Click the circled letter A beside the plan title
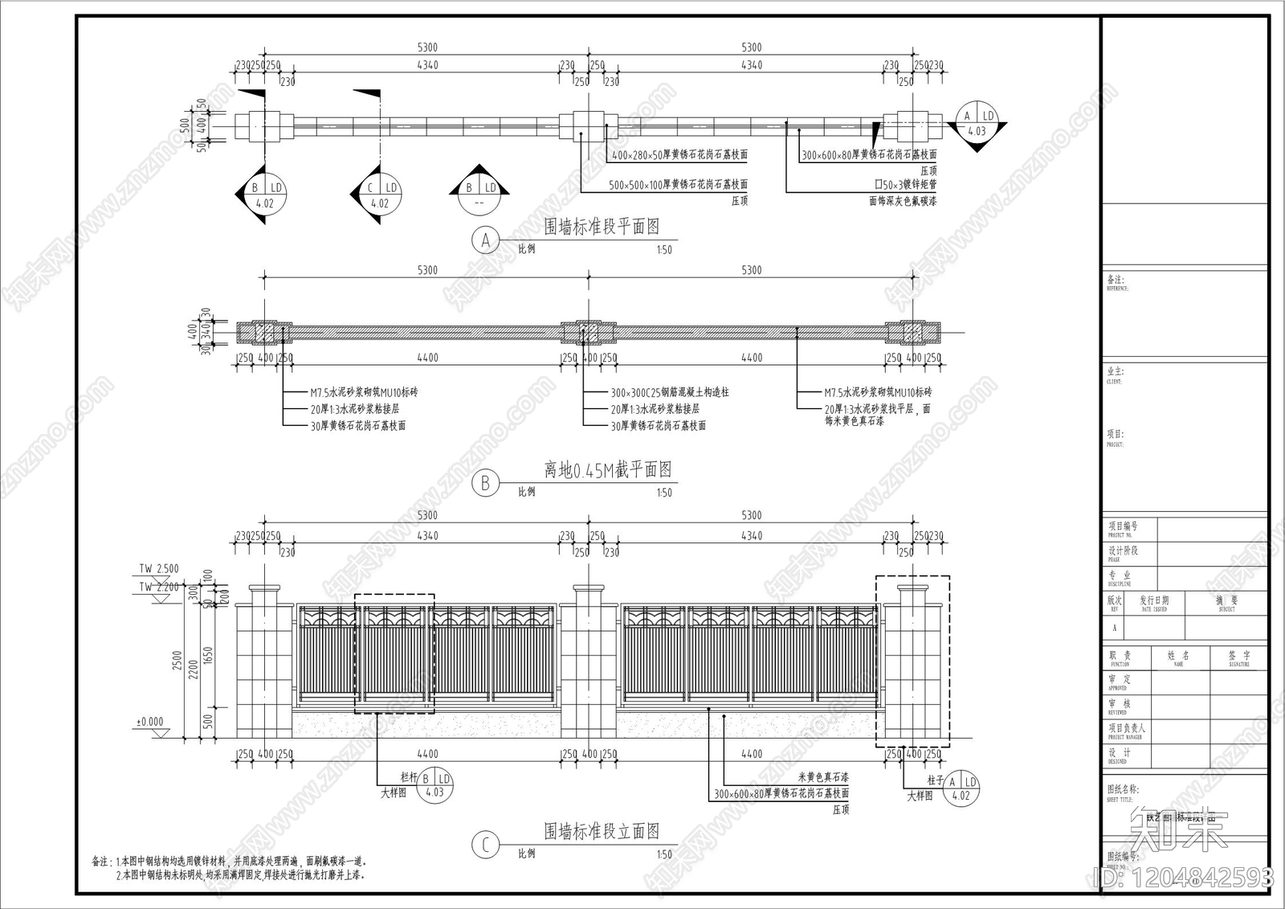485,240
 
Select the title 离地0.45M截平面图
607,470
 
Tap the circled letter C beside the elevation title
485,845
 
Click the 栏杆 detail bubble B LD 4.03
434,785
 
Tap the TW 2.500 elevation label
159,569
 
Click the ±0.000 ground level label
149,722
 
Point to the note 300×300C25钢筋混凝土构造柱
670,393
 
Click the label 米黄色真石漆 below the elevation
822,777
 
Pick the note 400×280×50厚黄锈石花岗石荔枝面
679,154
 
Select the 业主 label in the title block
1116,372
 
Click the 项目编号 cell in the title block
1124,526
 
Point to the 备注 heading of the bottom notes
102,862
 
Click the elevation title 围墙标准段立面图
602,831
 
